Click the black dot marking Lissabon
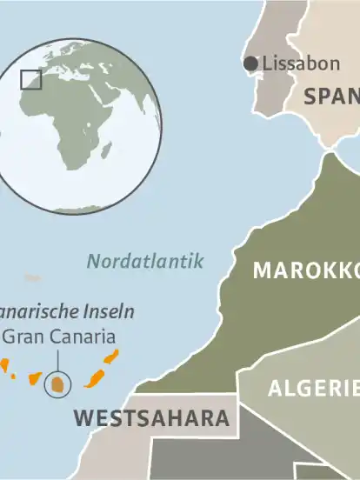[x=251, y=63]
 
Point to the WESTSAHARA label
[x=151, y=417]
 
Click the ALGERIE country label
[x=313, y=388]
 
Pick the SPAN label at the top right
[x=331, y=96]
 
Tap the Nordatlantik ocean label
[x=145, y=260]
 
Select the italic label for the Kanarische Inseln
[x=65, y=310]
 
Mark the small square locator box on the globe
[x=30, y=79]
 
